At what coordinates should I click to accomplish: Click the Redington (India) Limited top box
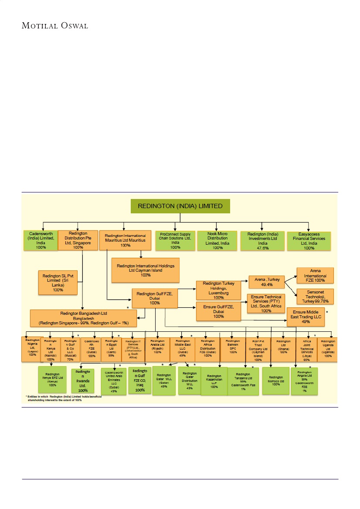[180, 206]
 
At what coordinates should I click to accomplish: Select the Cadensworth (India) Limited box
[41, 240]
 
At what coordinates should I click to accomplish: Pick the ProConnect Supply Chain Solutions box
[175, 241]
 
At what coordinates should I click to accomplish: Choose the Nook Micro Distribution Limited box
[217, 240]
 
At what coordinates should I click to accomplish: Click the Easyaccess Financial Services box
[309, 241]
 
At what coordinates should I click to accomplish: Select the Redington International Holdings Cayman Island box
[146, 270]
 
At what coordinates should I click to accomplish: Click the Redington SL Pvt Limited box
[58, 282]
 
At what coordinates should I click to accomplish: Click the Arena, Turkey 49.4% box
[266, 282]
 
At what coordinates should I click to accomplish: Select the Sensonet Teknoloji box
[315, 296]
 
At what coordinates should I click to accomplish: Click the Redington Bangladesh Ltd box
[83, 318]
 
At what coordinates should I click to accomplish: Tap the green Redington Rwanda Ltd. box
[83, 381]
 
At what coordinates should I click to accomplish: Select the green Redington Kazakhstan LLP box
[214, 381]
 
